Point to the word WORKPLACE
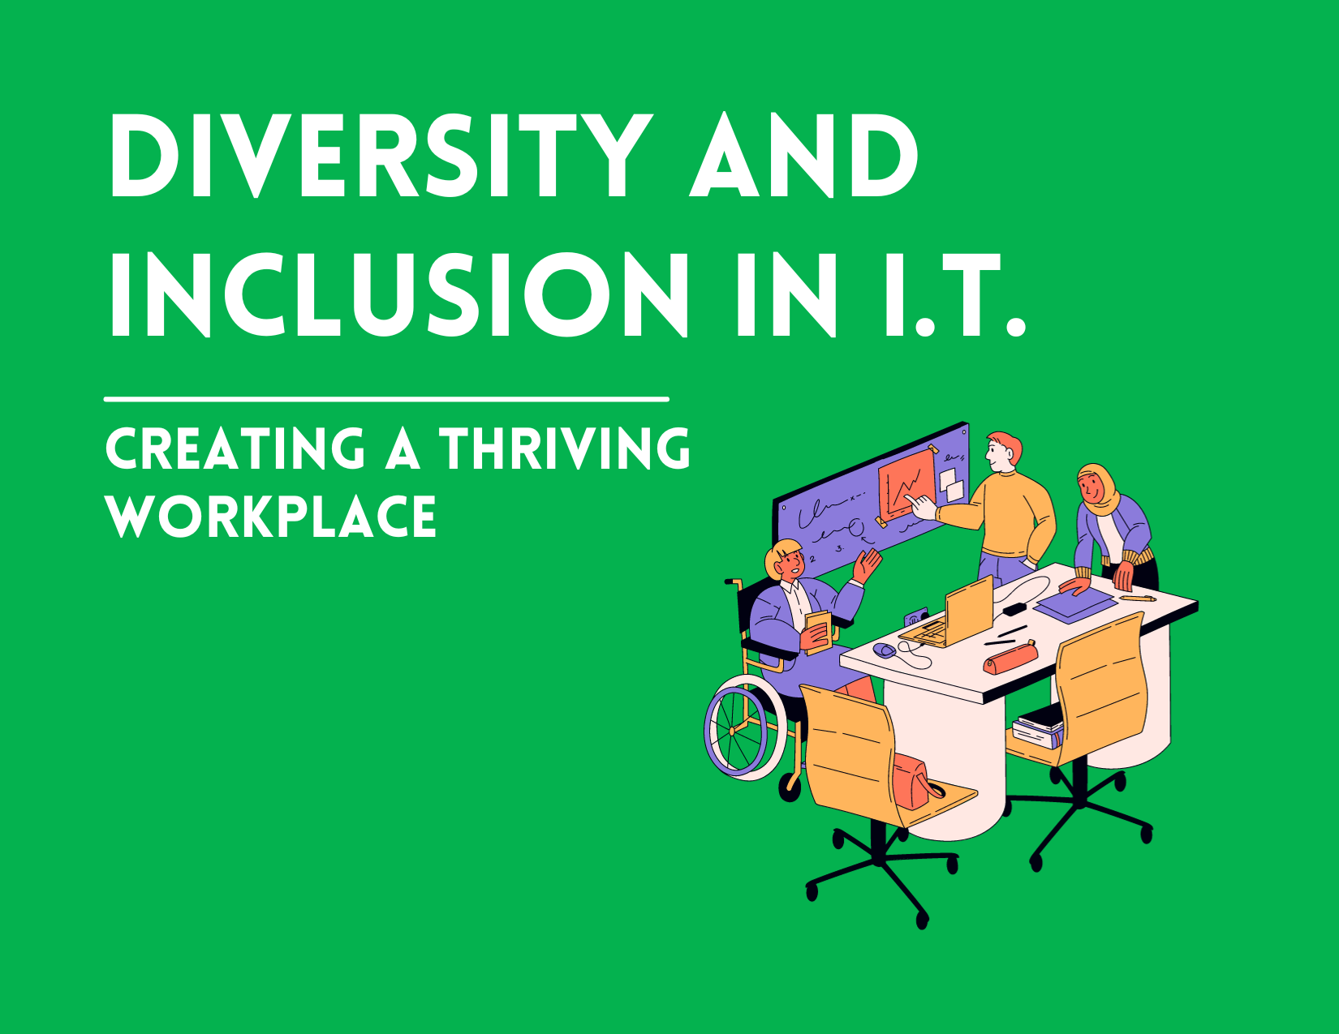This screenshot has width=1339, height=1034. (x=272, y=517)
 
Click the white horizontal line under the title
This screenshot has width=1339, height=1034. (x=386, y=399)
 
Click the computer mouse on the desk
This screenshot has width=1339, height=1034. (x=884, y=650)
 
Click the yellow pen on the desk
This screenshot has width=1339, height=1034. (x=1138, y=598)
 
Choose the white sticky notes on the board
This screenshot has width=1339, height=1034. (x=951, y=484)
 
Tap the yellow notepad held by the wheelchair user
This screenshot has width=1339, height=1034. (x=819, y=630)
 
